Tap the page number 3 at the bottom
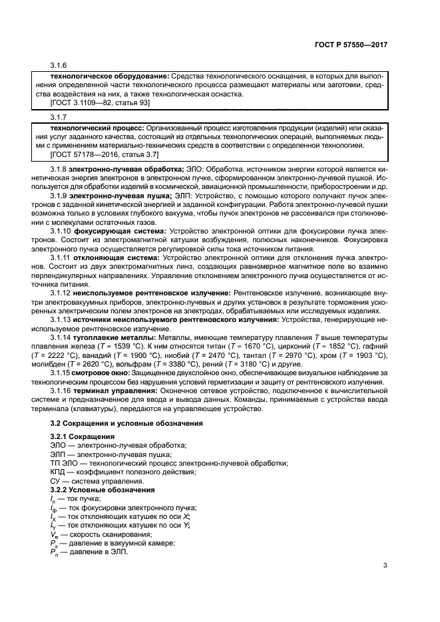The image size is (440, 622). [385, 566]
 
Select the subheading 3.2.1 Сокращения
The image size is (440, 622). [83, 436]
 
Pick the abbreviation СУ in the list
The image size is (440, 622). [57, 480]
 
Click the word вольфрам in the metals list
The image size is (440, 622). [136, 365]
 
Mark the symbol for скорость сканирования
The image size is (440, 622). [55, 535]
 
